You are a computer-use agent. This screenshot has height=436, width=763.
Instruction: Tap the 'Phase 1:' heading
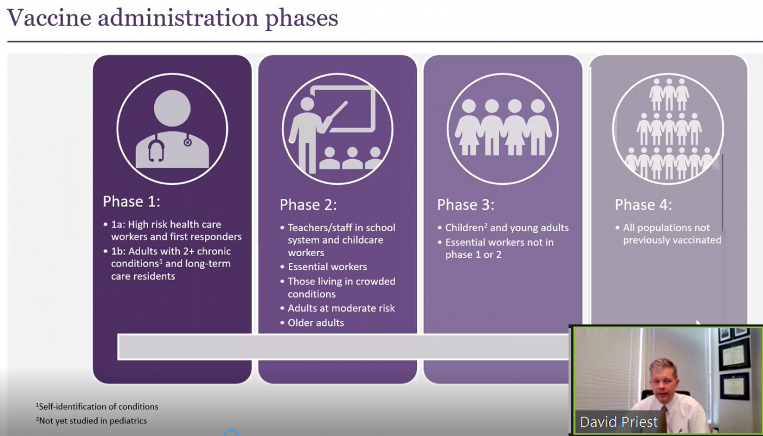point(131,201)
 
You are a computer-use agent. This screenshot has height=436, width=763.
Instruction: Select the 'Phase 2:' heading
point(308,205)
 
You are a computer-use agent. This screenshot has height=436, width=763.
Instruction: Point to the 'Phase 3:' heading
point(465,205)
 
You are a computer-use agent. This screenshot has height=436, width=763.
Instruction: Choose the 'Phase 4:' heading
point(644,205)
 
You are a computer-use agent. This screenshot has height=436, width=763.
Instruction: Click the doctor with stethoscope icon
point(172,129)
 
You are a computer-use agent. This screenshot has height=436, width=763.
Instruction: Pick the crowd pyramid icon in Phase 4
point(668,129)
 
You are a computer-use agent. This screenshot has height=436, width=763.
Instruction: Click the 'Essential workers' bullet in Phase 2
point(328,267)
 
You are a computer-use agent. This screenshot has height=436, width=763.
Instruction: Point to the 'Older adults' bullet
point(316,323)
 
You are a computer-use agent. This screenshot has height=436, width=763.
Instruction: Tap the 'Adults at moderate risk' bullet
point(341,308)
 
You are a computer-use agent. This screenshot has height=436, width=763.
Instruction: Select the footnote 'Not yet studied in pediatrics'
point(92,421)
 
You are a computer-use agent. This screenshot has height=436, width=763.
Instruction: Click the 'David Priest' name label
point(619,422)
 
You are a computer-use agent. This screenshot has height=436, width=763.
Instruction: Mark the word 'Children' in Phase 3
point(464,228)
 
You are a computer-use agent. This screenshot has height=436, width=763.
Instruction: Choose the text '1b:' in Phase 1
point(118,251)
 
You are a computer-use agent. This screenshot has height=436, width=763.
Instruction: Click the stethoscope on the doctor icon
point(157,148)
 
